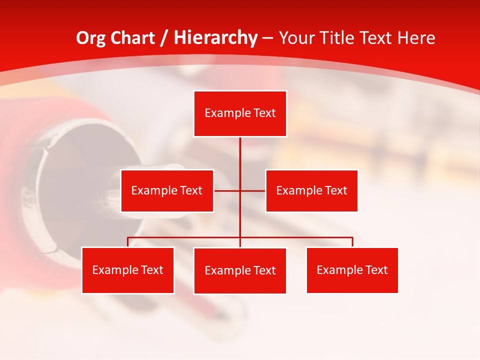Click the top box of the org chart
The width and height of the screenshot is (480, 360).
pyautogui.click(x=240, y=113)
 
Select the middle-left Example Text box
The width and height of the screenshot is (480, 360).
pyautogui.click(x=167, y=190)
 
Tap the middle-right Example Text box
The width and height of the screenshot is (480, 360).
pyautogui.click(x=311, y=190)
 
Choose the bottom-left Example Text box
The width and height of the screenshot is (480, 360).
pyautogui.click(x=127, y=270)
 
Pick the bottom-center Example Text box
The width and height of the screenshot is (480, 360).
pyautogui.click(x=240, y=270)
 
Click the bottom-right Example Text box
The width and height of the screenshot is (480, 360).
pyautogui.click(x=352, y=270)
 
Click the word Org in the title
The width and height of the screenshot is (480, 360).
pyautogui.click(x=90, y=38)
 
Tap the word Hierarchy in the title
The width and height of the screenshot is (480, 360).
pyautogui.click(x=215, y=38)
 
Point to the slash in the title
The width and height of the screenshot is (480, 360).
pyautogui.click(x=164, y=38)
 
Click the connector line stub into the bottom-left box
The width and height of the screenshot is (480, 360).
pyautogui.click(x=128, y=242)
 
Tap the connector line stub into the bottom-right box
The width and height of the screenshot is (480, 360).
pyautogui.click(x=352, y=242)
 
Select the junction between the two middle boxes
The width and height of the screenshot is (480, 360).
pyautogui.click(x=240, y=190)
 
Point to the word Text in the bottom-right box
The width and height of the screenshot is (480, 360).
pyautogui.click(x=376, y=270)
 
